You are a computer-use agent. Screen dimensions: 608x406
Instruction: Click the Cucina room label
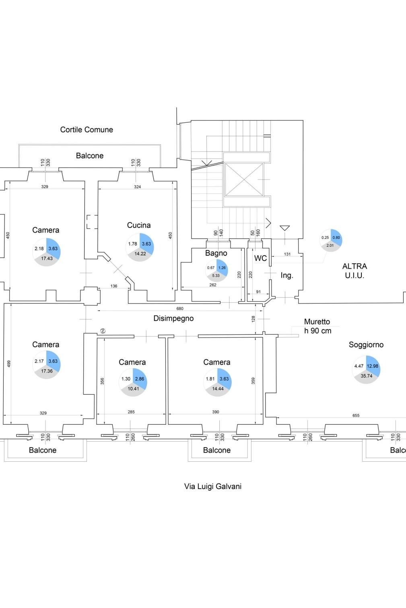click(x=139, y=225)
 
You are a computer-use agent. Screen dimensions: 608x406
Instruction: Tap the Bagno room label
click(x=216, y=253)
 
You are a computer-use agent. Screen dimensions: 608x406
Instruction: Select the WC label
click(x=260, y=258)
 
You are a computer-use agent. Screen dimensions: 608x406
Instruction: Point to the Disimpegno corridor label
click(x=173, y=318)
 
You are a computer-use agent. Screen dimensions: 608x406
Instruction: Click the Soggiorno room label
click(x=366, y=345)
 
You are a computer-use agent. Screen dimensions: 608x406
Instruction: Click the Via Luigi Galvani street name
click(x=212, y=486)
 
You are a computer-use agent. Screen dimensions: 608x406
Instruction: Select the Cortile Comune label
click(x=87, y=130)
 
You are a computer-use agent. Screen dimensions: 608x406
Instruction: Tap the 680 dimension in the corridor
click(x=180, y=309)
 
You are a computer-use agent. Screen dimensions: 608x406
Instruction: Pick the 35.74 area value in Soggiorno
click(x=366, y=376)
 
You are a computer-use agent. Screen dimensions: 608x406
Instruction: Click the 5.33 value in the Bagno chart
click(x=216, y=276)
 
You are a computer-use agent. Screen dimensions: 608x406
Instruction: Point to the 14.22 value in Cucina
click(x=140, y=254)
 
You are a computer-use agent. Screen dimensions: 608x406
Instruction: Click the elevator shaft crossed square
click(x=243, y=179)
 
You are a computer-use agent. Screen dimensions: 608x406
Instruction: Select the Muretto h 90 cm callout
click(x=317, y=326)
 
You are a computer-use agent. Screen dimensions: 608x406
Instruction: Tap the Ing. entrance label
click(x=286, y=276)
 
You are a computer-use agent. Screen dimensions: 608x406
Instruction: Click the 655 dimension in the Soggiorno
click(x=356, y=416)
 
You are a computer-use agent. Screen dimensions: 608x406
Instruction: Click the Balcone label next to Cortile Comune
click(x=90, y=156)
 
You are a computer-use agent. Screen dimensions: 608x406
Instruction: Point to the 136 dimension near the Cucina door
click(x=114, y=286)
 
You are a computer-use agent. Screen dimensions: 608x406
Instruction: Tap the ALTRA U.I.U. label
click(x=354, y=271)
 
